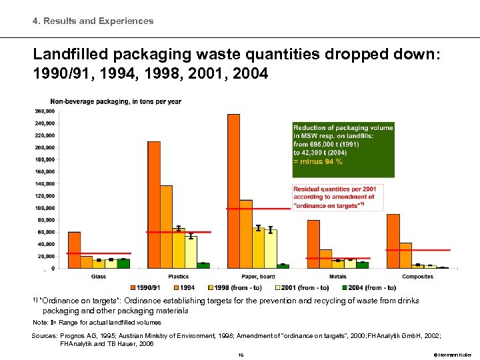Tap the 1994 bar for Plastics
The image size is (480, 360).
166,227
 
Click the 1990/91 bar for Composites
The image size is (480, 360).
393,241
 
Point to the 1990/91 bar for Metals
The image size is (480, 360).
313,244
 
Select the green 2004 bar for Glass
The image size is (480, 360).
123,263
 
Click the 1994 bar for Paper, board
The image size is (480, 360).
245,234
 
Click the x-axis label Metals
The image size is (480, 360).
337,277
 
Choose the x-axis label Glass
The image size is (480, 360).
98,277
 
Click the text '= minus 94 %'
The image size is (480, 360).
318,161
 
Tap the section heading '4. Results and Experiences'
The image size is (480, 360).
93,21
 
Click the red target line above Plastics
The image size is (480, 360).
178,232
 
